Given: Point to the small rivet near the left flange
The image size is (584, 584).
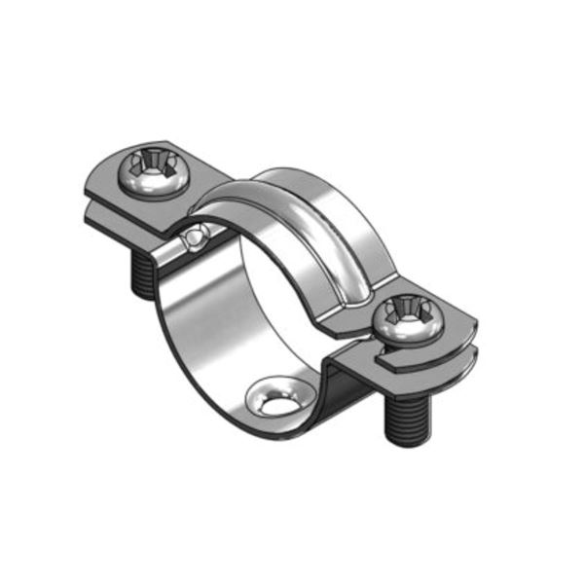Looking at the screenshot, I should tap(199, 235).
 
